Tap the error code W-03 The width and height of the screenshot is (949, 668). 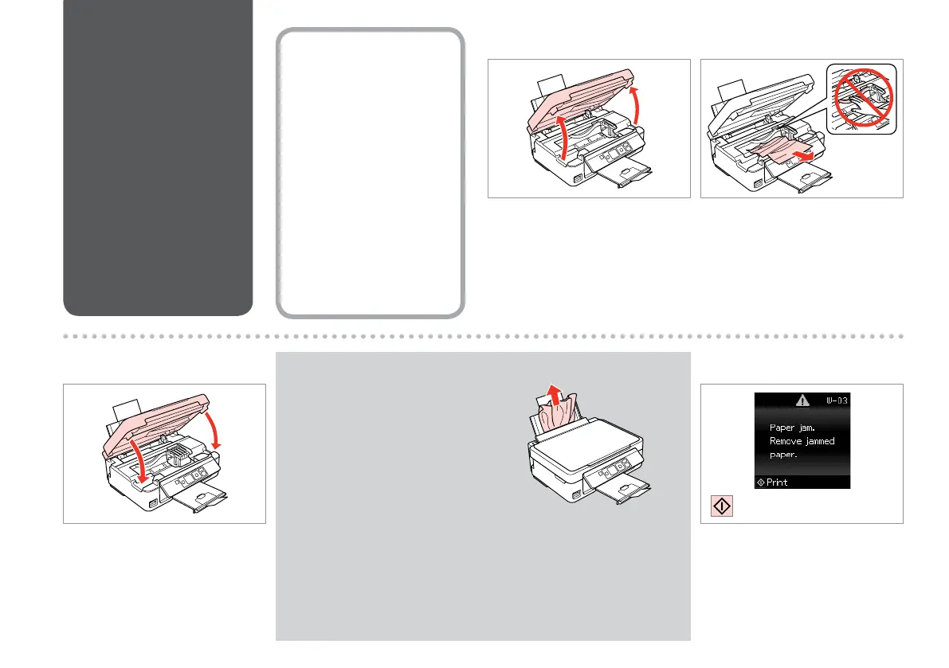pyautogui.click(x=836, y=401)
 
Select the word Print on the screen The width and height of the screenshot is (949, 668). pyautogui.click(x=776, y=482)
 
